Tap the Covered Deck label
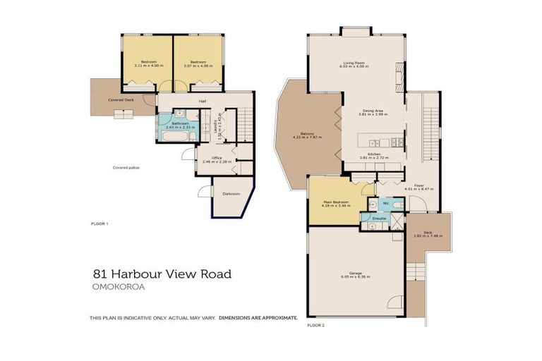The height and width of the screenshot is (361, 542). (121, 100)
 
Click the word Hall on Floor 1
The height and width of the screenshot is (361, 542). (203, 102)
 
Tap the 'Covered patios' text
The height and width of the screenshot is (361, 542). (124, 168)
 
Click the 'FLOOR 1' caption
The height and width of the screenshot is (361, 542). (100, 224)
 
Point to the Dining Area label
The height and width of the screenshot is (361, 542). (373, 111)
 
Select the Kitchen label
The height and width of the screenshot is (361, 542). (373, 154)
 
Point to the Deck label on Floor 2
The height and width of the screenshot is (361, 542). (427, 233)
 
